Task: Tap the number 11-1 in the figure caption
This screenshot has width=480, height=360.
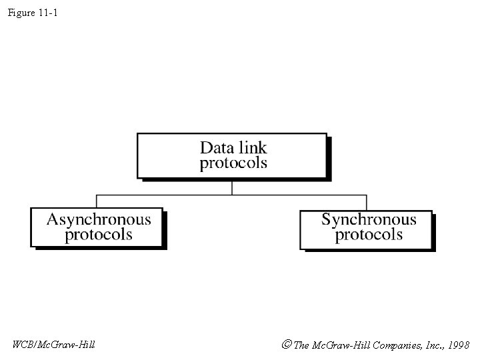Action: (x=48, y=13)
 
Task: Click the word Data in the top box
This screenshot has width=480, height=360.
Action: (x=217, y=147)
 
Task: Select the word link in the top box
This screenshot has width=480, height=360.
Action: (x=252, y=147)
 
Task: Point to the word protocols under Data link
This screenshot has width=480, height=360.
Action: (x=233, y=163)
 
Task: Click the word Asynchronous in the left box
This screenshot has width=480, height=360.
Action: (x=99, y=219)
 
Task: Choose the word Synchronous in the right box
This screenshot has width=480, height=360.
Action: (x=369, y=219)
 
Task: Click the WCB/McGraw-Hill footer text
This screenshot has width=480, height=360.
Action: (x=53, y=345)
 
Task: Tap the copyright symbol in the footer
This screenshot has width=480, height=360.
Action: (x=286, y=345)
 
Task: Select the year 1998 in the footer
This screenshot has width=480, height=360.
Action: (x=459, y=345)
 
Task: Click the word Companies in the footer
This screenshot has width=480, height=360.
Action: (x=393, y=345)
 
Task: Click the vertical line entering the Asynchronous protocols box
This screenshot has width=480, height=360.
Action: (x=97, y=201)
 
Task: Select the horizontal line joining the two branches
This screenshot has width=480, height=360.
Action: (x=167, y=195)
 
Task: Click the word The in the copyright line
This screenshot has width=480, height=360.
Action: (x=301, y=345)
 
